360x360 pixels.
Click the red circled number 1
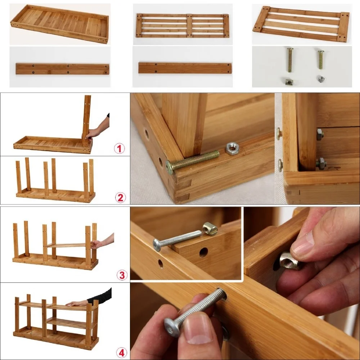(119, 149)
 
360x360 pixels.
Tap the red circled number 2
(121, 197)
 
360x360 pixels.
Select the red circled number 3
(122, 275)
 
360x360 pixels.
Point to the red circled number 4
(121, 353)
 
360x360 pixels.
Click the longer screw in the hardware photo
(290, 60)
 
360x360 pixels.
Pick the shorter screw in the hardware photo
(321, 60)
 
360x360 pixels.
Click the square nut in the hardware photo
(289, 81)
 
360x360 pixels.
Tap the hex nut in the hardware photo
(321, 79)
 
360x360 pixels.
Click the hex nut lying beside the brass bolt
(232, 149)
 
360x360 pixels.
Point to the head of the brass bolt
(170, 167)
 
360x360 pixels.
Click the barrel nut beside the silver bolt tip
(210, 229)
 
